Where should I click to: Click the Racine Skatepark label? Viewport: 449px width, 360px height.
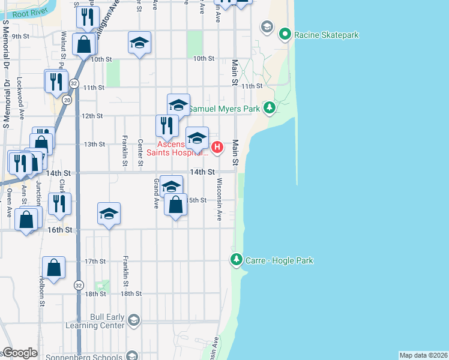tap(326, 35)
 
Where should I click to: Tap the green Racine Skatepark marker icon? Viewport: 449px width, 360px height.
tap(285, 34)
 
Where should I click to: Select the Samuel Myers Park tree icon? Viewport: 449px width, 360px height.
tap(270, 108)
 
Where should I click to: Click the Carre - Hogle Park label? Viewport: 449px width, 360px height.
tap(279, 260)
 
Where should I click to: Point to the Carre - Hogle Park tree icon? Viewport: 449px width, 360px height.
tap(237, 260)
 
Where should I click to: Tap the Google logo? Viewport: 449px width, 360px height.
tap(20, 353)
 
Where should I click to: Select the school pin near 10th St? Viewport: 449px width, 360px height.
tap(139, 43)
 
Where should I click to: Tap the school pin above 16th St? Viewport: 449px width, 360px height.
tap(109, 214)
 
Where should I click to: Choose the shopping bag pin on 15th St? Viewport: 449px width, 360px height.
tap(175, 205)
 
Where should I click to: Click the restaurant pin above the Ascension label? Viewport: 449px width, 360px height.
tap(166, 126)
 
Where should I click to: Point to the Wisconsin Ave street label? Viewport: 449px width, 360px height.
tap(220, 199)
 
